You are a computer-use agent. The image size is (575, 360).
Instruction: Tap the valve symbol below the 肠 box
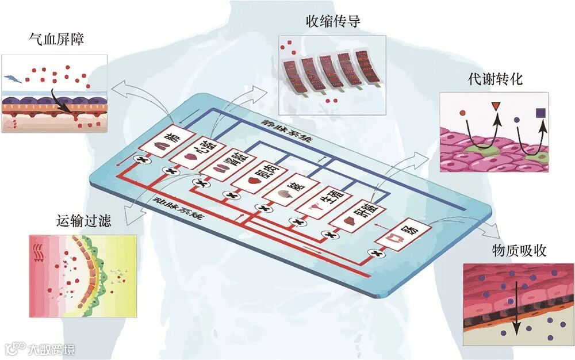[377, 254]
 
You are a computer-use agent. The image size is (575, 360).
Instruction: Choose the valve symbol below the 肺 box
[140, 159]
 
